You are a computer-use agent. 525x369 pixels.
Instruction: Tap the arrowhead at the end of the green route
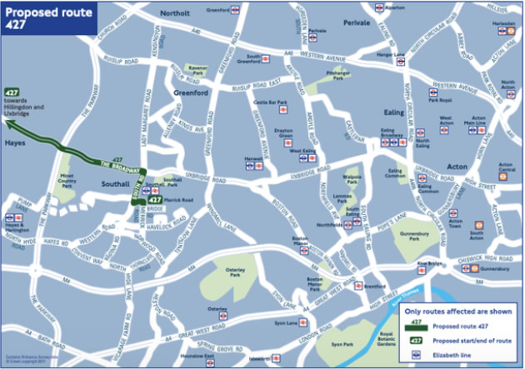(x=8, y=123)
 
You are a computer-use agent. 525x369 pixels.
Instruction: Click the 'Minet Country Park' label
(x=70, y=180)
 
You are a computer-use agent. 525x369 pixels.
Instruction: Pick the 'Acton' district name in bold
(x=457, y=167)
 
